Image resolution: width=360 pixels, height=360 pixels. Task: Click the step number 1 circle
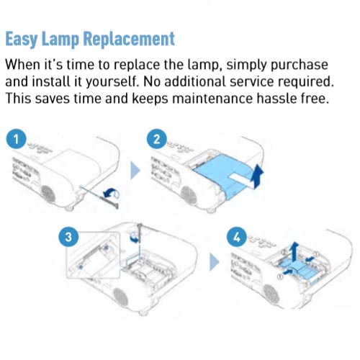tap(17, 139)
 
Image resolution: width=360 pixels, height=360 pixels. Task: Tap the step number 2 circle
tap(157, 139)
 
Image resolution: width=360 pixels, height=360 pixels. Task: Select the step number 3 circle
tap(68, 237)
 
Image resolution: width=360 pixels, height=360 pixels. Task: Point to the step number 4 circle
tap(237, 237)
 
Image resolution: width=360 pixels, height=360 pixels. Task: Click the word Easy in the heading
tap(22, 39)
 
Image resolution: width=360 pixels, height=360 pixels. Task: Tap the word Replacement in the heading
tap(129, 38)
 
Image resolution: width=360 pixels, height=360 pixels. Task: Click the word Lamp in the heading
tap(60, 39)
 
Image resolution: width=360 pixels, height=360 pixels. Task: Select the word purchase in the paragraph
tap(300, 66)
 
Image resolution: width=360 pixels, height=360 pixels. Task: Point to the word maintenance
tap(212, 99)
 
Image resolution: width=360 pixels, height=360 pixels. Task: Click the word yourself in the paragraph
tap(112, 82)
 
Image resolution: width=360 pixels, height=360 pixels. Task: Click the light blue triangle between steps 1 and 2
tap(135, 171)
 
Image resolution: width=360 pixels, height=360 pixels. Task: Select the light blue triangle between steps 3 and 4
tap(215, 262)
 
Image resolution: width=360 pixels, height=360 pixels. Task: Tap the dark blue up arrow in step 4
tap(294, 251)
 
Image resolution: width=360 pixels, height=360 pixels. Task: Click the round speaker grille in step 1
tap(48, 194)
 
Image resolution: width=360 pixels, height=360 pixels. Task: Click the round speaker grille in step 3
tap(120, 297)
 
